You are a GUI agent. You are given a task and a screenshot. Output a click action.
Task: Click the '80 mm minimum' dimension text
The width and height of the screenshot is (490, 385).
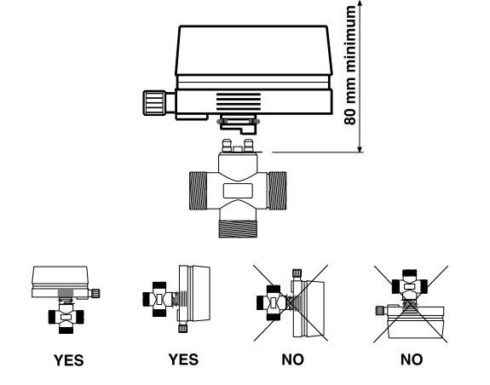tap(350, 66)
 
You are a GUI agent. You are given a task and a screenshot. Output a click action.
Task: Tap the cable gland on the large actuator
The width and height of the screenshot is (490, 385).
tap(159, 103)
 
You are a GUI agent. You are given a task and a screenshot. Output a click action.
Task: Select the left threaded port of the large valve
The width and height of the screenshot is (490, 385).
tap(198, 191)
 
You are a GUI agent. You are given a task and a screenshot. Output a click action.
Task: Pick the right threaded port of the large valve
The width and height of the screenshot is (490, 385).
tap(277, 191)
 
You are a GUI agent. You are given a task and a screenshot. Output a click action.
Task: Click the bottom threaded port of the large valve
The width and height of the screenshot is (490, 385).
tap(238, 229)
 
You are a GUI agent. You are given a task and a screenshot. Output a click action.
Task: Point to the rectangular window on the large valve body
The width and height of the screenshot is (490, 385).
tap(238, 191)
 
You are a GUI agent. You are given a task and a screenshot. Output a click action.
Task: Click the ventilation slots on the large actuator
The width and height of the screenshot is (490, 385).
tap(239, 101)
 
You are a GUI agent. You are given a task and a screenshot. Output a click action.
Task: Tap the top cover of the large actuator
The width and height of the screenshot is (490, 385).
tap(254, 50)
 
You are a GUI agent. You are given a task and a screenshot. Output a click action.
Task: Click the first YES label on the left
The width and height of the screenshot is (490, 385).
tap(69, 360)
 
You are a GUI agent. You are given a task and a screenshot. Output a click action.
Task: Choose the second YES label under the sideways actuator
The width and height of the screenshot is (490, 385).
tap(183, 359)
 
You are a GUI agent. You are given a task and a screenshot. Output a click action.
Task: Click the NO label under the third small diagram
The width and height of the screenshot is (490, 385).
tap(292, 359)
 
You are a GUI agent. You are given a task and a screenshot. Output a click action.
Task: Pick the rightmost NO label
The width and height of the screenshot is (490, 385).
tap(412, 359)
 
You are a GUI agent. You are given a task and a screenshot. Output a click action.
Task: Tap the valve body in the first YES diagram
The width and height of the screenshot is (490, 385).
tap(66, 317)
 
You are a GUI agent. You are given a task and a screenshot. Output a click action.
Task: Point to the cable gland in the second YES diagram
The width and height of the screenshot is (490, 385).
tap(183, 328)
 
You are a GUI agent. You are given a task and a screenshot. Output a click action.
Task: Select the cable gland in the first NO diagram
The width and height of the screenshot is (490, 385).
tap(297, 273)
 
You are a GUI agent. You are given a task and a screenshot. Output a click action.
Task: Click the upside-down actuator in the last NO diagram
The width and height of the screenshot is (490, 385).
tap(415, 322)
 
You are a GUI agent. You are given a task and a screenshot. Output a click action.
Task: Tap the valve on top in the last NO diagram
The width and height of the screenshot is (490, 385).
tap(410, 286)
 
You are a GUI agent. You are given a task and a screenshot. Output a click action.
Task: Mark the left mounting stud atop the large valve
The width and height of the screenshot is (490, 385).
tap(227, 146)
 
